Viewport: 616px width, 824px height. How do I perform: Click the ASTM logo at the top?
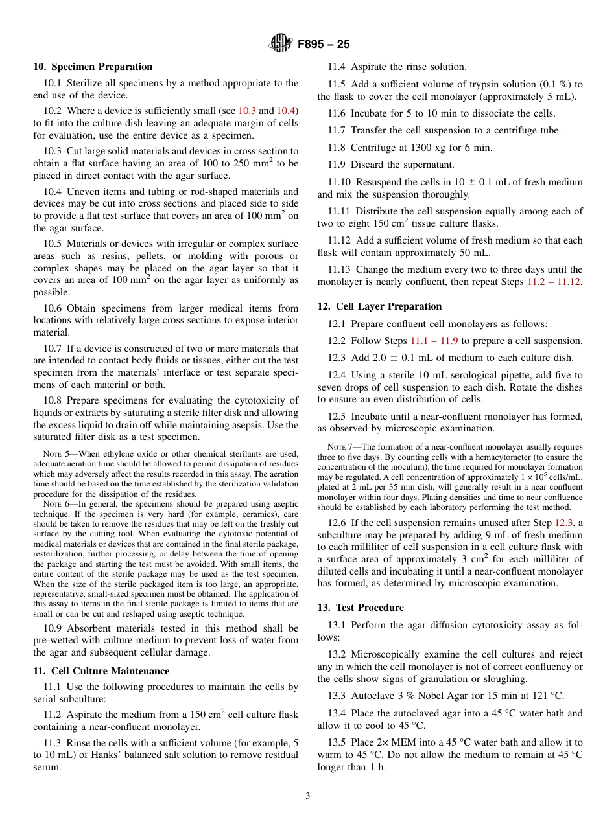280,44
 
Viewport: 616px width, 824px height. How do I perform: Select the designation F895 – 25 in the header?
324,44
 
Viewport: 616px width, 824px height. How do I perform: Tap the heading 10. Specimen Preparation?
93,67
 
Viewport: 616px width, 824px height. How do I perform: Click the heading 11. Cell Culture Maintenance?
101,671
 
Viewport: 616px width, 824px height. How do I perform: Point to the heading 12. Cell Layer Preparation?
379,306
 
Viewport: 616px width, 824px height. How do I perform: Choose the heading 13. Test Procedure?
361,608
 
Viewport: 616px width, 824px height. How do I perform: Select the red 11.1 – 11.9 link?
434,341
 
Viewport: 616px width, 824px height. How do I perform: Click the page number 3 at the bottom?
308,796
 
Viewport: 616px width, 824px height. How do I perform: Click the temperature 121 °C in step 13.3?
547,696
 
